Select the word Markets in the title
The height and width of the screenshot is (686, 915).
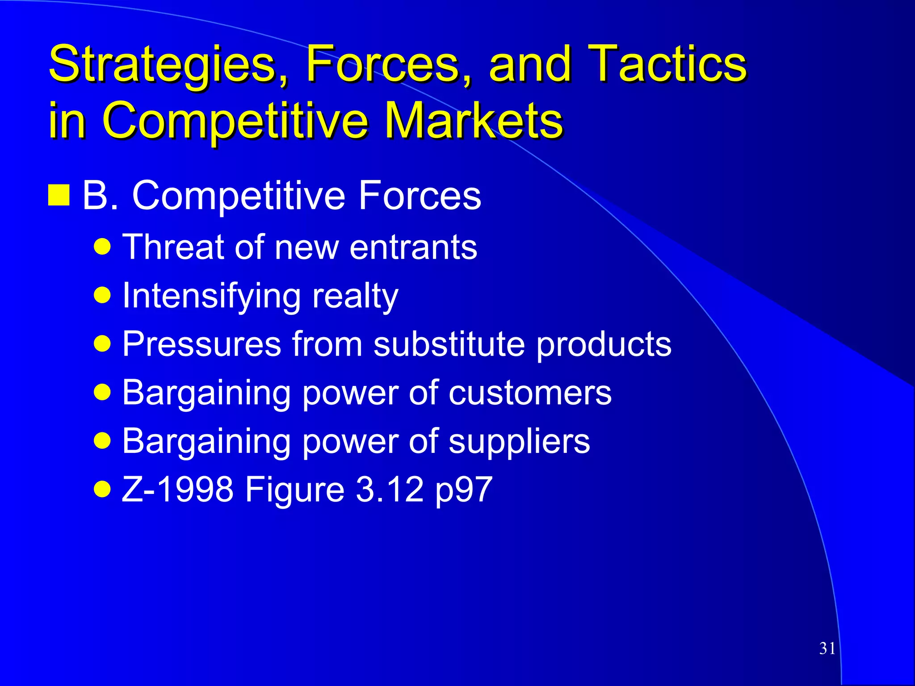(x=474, y=120)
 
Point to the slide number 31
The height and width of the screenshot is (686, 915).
(x=827, y=648)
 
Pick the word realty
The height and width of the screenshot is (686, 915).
(x=355, y=296)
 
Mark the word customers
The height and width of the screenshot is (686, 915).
(x=530, y=393)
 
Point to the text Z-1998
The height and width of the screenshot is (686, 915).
(x=178, y=489)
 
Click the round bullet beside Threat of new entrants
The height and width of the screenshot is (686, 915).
(x=102, y=247)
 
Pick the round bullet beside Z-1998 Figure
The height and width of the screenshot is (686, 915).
(x=102, y=489)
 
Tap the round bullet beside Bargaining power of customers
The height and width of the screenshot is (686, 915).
(x=102, y=393)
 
